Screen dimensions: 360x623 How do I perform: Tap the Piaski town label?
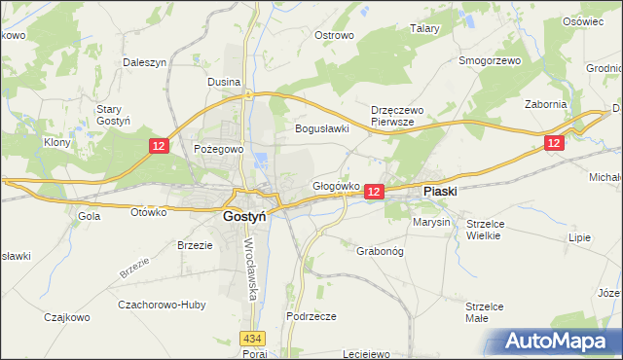(440, 193)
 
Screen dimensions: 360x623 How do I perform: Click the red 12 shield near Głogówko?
(375, 194)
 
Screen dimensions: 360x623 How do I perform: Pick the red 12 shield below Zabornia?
(553, 142)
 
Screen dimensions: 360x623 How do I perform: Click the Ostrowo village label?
(333, 35)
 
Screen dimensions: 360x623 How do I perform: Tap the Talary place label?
(425, 29)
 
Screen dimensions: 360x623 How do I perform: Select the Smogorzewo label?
(491, 60)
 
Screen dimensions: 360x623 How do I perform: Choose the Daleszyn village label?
(146, 61)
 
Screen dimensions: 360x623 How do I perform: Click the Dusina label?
(224, 83)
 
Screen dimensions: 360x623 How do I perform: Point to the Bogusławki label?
(322, 128)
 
